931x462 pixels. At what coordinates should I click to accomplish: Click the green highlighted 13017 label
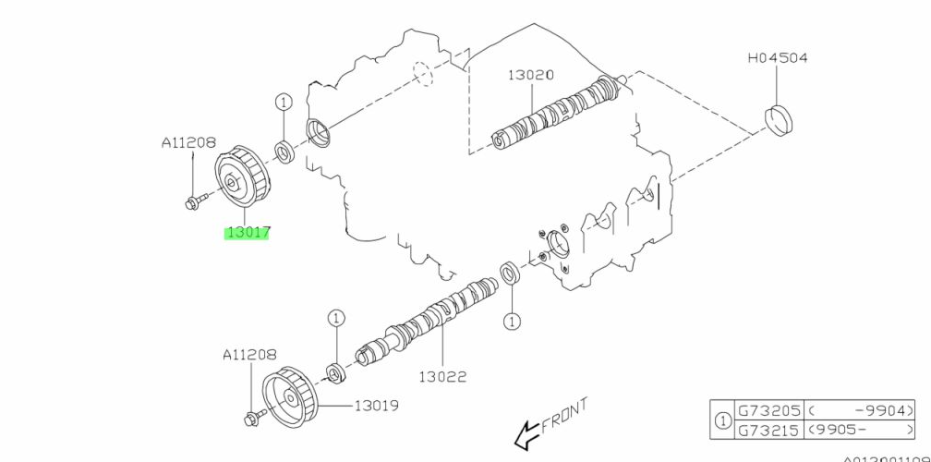click(x=248, y=233)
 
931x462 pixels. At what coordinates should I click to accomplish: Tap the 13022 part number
click(x=442, y=376)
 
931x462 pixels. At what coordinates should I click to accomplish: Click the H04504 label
click(x=777, y=57)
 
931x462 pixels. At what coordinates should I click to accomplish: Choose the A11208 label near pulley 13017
click(x=188, y=143)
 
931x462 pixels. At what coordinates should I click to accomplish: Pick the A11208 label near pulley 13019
click(x=249, y=355)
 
